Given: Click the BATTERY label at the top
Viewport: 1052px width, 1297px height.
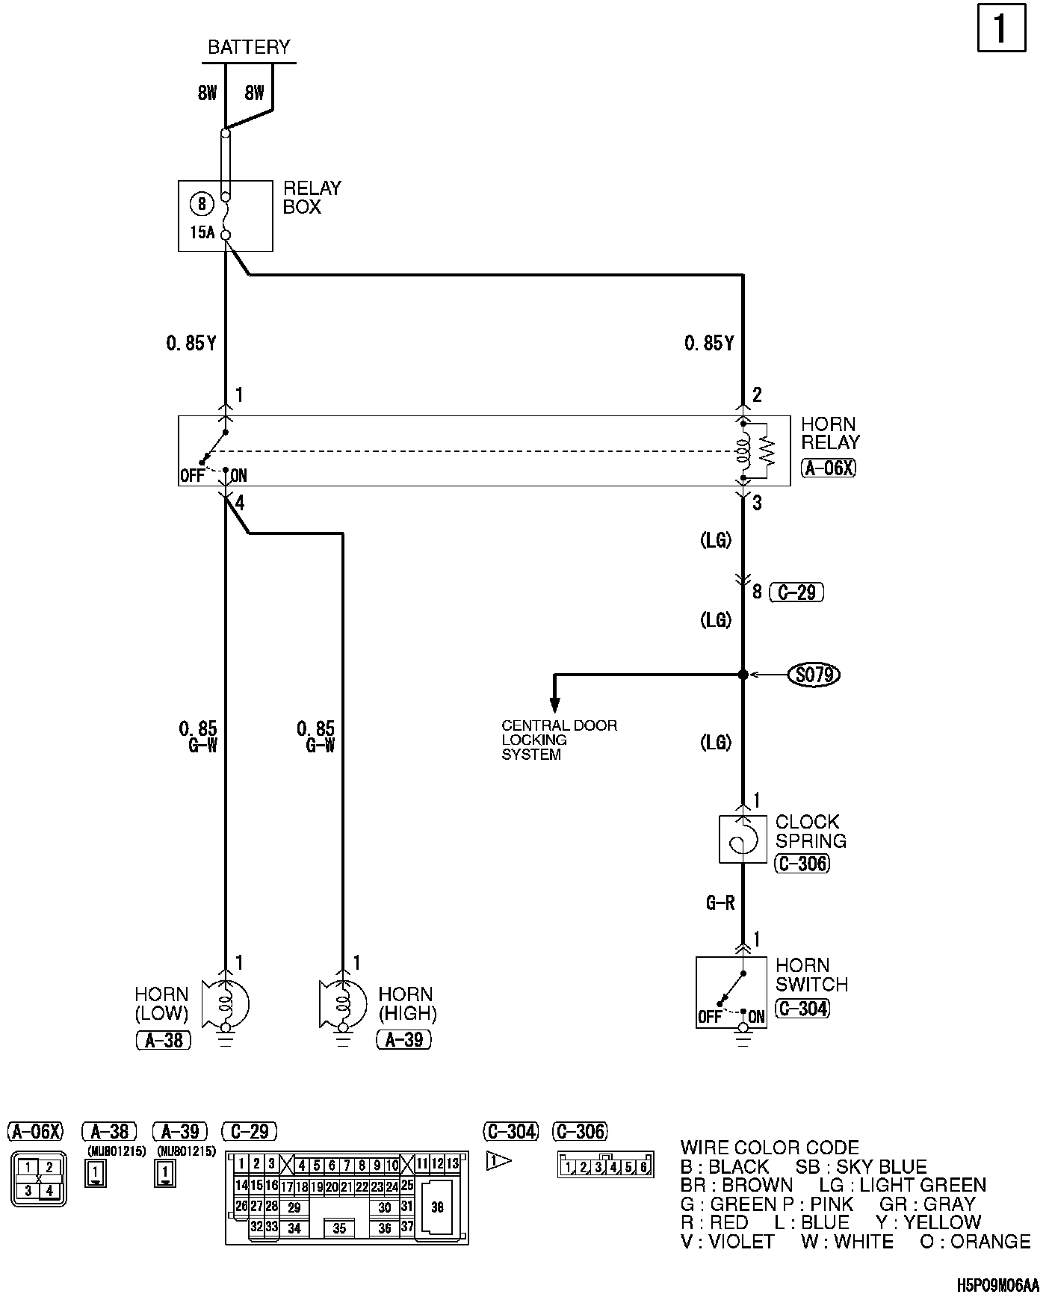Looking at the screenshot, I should click(248, 47).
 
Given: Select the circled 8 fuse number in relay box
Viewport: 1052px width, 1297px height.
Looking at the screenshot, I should click(202, 203).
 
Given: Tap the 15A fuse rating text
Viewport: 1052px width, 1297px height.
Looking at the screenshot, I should click(202, 232).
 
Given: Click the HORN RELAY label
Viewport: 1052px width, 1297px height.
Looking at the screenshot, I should click(829, 433).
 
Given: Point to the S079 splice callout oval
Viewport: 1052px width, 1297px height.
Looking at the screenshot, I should click(814, 675).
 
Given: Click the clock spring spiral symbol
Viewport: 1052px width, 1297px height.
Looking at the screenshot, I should click(743, 838).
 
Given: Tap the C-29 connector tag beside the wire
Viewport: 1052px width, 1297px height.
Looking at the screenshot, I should click(796, 592).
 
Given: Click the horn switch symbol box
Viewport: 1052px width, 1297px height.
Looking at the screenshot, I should click(731, 991).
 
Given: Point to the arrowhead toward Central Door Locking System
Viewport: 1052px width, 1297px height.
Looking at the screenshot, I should click(554, 704).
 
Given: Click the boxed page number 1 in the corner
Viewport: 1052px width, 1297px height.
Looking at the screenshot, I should click(1001, 28).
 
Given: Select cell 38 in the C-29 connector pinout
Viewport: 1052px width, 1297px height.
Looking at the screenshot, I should click(437, 1207).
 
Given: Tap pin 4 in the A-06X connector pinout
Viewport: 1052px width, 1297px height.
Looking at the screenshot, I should click(49, 1191).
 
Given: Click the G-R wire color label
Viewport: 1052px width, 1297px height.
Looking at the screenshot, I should click(720, 903).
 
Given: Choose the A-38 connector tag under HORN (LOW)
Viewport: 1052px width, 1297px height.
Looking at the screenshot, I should click(164, 1040).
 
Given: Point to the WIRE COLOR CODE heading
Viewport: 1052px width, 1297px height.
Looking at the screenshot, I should click(770, 1148).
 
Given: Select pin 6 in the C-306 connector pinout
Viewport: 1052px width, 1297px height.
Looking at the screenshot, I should click(644, 1167).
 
